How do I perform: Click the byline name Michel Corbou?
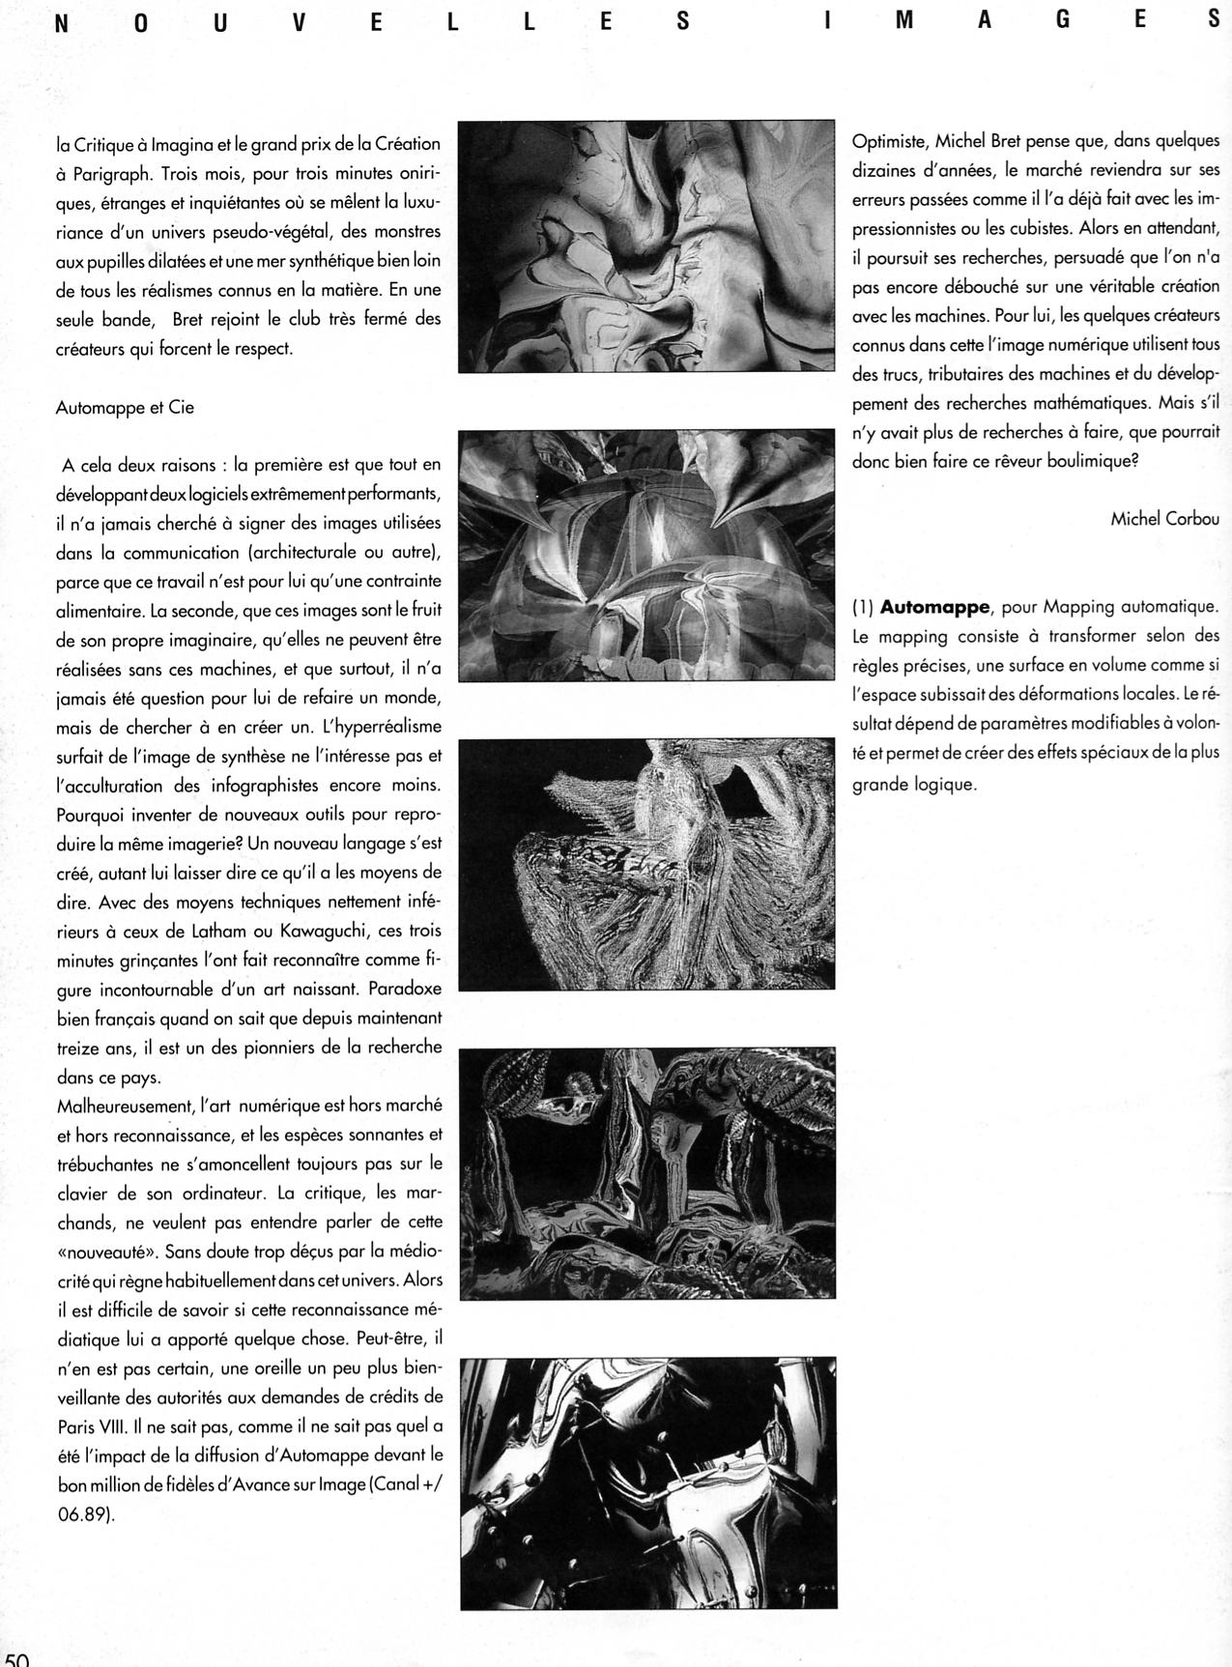1164,519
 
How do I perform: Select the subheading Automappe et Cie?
125,407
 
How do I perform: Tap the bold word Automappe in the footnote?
934,607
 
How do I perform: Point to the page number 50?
16,1655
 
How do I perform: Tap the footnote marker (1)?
863,607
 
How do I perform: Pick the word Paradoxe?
404,989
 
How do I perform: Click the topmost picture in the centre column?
646,246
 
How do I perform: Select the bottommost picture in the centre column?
647,1481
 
